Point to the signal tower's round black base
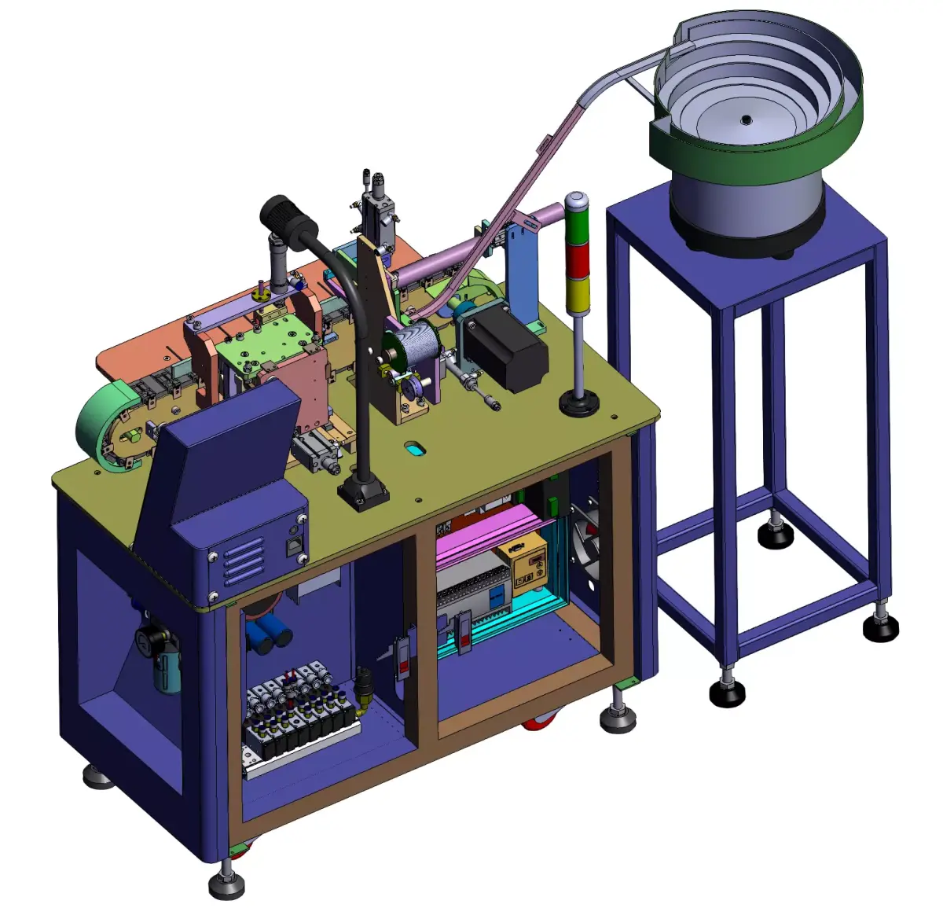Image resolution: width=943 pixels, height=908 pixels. [x=579, y=405]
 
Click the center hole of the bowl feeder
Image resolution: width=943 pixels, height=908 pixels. [x=745, y=119]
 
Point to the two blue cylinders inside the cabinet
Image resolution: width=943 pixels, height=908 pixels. [x=267, y=635]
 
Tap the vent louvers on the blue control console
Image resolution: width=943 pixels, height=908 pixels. [x=244, y=562]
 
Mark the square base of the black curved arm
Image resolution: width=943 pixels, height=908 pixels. [x=363, y=494]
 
